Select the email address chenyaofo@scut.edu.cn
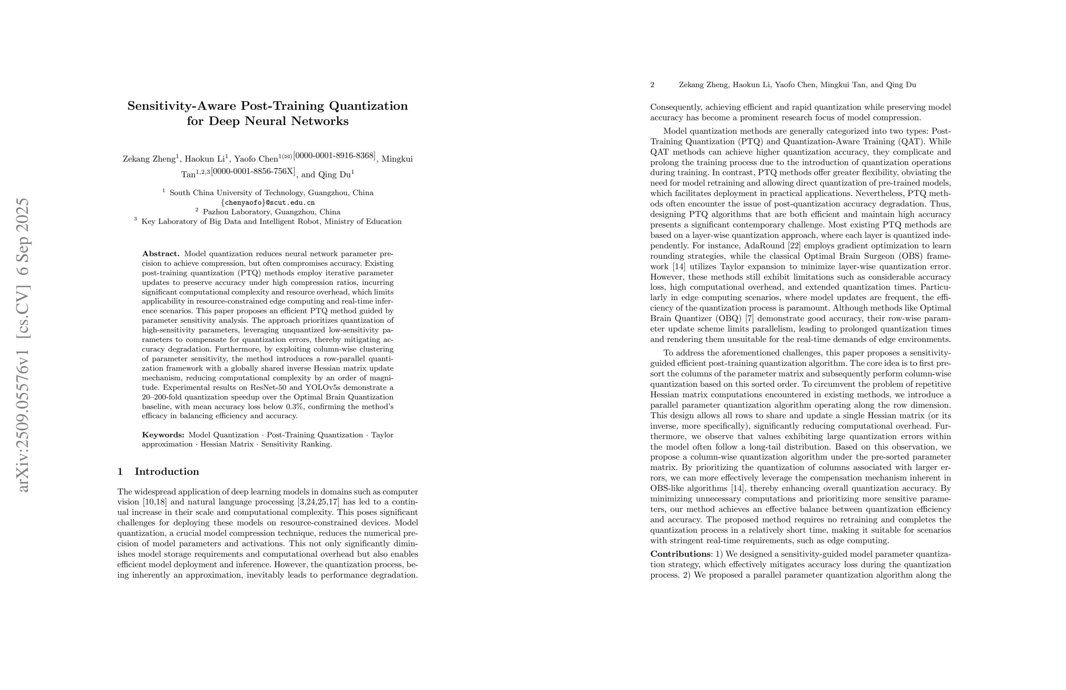tap(267, 203)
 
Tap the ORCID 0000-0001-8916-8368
tap(334, 156)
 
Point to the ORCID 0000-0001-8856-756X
tap(253, 172)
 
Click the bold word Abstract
tap(160, 254)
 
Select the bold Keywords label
tap(163, 435)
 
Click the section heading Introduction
tap(167, 472)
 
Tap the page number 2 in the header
tap(652, 85)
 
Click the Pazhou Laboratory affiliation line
tap(271, 212)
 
